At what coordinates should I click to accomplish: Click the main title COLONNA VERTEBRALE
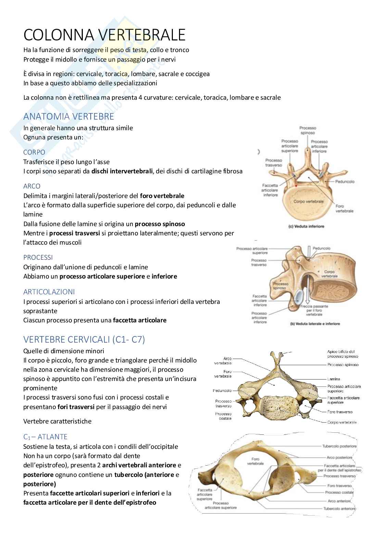coord(104,35)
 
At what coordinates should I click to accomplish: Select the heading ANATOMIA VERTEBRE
coord(68,116)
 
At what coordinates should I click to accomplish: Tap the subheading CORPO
coord(34,152)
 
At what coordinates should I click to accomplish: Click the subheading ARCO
coord(32,186)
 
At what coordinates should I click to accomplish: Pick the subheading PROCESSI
coord(38,257)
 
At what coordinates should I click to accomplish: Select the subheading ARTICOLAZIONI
coord(49,292)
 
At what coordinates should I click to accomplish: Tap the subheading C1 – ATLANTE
coord(45,437)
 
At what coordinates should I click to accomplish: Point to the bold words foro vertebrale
coord(162,196)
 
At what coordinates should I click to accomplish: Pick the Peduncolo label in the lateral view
coord(321,248)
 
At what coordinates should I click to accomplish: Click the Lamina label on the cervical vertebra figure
coord(333,379)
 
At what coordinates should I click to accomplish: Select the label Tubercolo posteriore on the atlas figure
coord(339,446)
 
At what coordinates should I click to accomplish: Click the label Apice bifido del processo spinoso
coord(341,354)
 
